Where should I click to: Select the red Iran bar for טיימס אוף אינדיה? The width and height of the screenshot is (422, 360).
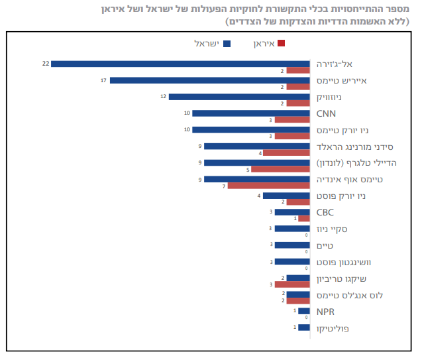tap(269, 186)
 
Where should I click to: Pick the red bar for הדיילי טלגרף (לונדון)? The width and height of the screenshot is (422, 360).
tap(280, 169)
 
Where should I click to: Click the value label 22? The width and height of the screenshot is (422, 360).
tap(46, 64)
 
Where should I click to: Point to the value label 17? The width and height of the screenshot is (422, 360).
tap(104, 80)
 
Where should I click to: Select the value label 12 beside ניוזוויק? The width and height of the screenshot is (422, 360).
tap(163, 97)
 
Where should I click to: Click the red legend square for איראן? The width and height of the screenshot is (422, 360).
tap(281, 44)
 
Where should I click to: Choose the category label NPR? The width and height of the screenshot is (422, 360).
tap(325, 311)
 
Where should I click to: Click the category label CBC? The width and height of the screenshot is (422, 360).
tap(325, 212)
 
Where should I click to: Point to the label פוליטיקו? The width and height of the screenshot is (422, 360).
tap(332, 328)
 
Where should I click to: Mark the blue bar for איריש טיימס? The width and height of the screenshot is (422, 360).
tap(210, 80)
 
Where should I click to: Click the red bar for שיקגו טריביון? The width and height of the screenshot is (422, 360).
tap(292, 284)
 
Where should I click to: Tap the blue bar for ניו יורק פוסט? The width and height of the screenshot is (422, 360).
tap(286, 196)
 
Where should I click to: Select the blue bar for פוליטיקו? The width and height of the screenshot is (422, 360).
tap(304, 328)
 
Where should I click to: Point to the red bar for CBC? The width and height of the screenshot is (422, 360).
tap(304, 218)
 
